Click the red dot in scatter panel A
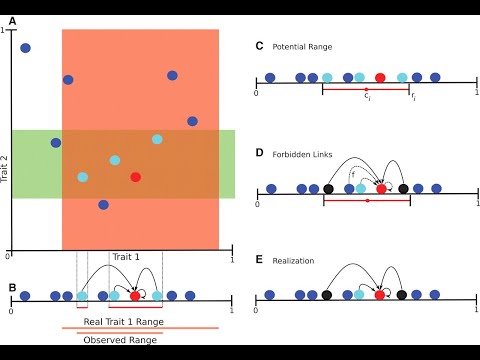tap(135, 177)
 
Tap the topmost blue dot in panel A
tap(25, 47)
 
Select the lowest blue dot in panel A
tap(103, 204)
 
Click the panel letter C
tap(259, 46)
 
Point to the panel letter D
tap(259, 153)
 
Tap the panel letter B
tap(12, 288)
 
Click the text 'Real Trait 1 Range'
tap(124, 321)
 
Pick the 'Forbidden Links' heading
tap(306, 153)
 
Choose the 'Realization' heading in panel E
tap(297, 260)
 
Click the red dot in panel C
tap(380, 77)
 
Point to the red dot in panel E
tap(380, 294)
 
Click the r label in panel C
tap(414, 98)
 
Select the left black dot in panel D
tap(328, 188)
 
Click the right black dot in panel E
tap(402, 294)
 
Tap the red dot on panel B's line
tap(135, 296)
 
